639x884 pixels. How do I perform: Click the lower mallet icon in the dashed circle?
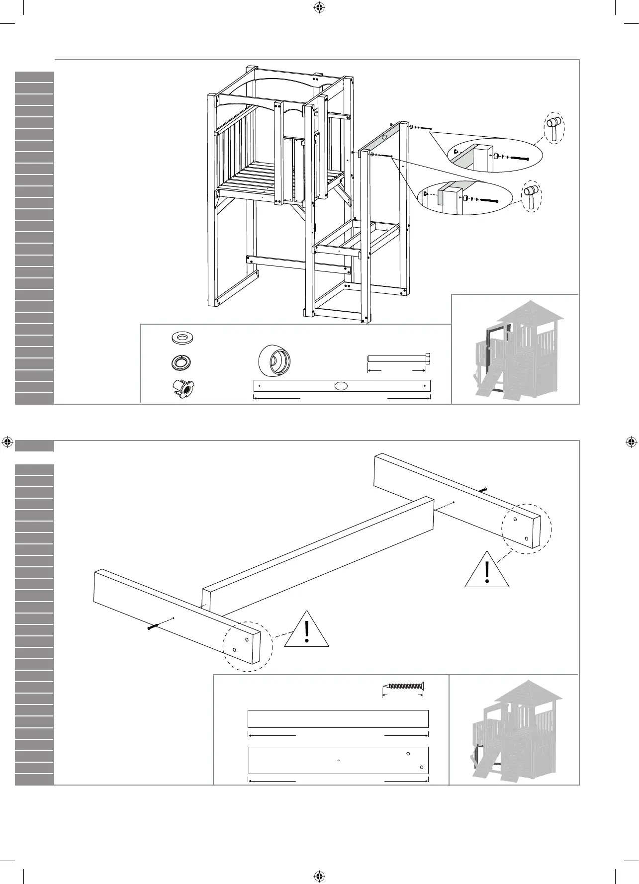click(531, 196)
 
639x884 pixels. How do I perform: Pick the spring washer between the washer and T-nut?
click(182, 362)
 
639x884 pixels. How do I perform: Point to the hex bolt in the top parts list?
click(399, 359)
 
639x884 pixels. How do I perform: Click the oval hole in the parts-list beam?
click(341, 385)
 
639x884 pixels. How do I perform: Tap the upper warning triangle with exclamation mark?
click(487, 570)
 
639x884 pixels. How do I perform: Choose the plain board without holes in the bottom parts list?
click(338, 719)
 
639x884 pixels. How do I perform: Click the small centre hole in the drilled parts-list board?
click(338, 761)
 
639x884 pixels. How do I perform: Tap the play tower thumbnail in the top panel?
click(515, 349)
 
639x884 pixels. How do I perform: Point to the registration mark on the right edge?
click(631, 442)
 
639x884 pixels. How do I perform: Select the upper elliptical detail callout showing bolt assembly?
click(495, 155)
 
